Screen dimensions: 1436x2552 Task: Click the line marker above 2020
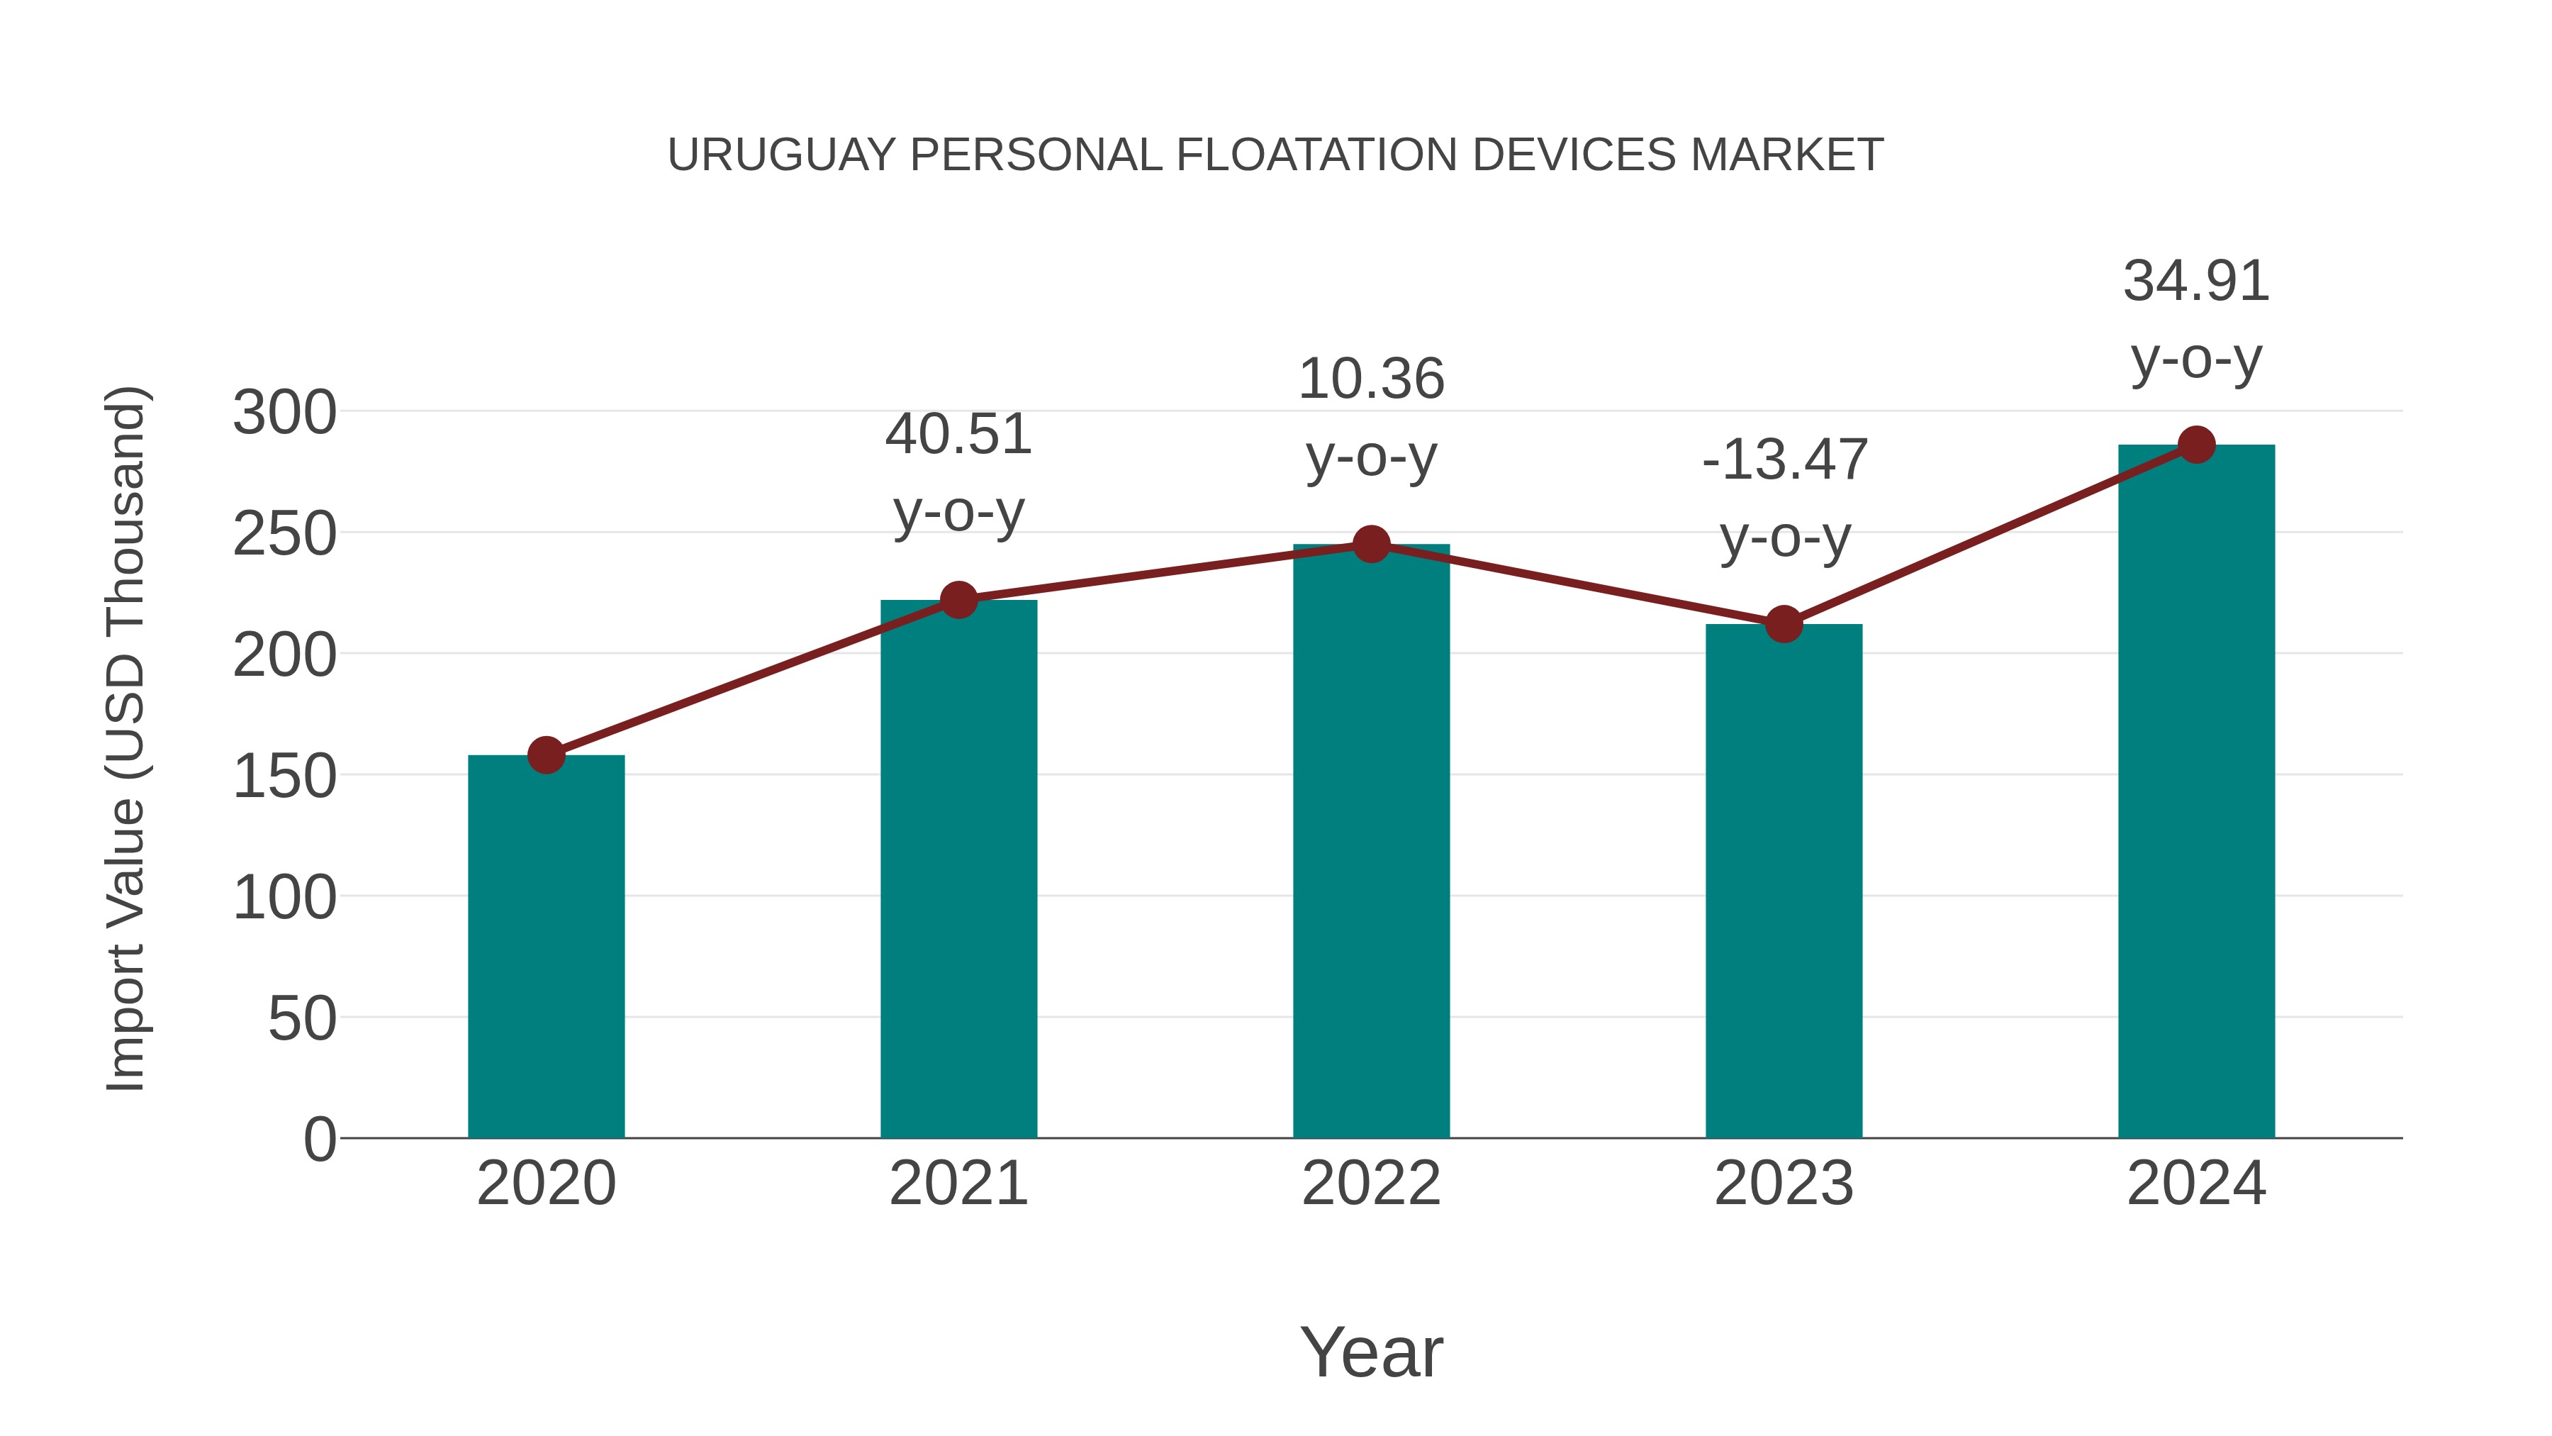coord(546,755)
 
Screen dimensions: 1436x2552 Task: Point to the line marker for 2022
coord(1371,544)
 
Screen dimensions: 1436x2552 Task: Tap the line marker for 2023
coord(1784,624)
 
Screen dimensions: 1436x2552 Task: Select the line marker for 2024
coord(2196,445)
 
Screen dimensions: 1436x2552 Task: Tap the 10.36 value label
coord(1371,379)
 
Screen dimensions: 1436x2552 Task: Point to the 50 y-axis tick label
coord(302,1019)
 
